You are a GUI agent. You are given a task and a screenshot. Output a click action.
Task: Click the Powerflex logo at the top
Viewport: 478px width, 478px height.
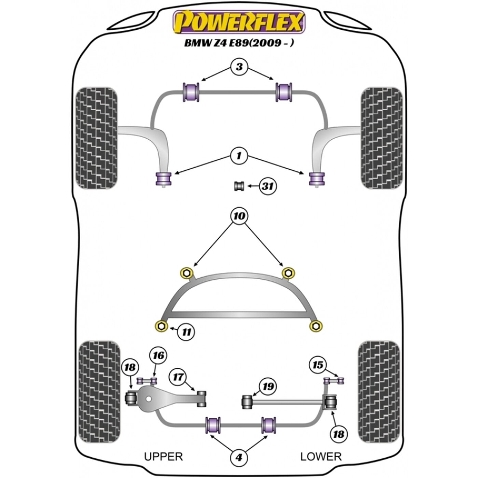pos(239,22)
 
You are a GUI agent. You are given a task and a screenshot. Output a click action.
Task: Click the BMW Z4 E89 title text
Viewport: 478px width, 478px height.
pos(239,43)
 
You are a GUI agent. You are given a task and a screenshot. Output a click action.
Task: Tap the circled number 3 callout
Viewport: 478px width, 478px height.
pos(239,67)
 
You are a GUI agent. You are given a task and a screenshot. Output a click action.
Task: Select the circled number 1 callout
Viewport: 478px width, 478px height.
pos(239,156)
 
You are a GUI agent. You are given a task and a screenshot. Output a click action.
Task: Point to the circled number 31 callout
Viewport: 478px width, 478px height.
pos(267,186)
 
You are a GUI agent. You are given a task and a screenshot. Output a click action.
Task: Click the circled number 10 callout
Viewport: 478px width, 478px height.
pos(239,216)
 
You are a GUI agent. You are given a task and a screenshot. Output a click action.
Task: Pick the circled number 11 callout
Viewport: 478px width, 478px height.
pos(186,332)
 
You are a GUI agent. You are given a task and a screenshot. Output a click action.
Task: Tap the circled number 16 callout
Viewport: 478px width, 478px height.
pos(158,356)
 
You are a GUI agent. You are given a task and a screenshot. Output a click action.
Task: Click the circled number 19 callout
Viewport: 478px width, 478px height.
pos(268,386)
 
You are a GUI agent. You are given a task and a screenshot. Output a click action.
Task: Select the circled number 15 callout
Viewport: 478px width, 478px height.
pos(318,365)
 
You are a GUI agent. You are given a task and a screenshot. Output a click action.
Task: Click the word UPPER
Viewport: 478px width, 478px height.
pos(164,456)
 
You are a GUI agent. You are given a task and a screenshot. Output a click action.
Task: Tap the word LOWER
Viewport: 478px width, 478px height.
pos(321,456)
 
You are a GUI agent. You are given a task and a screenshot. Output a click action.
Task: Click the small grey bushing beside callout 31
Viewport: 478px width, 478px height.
pos(239,186)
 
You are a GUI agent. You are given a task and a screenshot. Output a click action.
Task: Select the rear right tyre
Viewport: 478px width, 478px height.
pos(379,392)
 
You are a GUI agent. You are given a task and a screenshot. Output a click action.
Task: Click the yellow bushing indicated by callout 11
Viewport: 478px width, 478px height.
pos(161,326)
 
